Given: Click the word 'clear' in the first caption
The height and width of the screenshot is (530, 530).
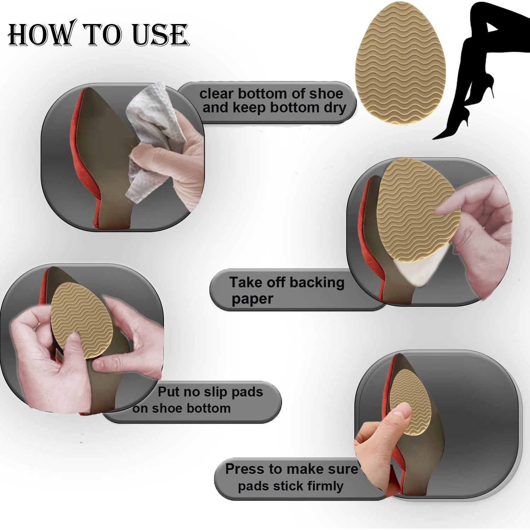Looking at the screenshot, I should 216,94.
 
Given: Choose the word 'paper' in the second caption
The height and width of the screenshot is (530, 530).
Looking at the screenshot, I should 252,299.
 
